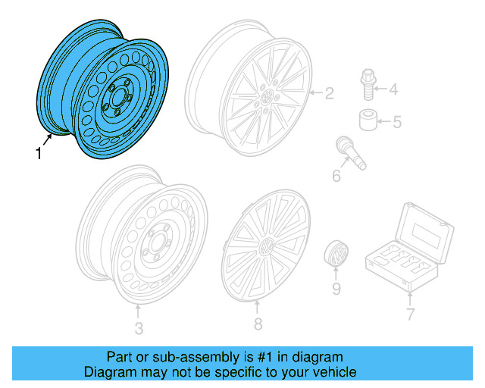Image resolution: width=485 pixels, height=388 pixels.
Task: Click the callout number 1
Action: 39,154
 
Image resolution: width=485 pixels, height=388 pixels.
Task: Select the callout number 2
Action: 329,94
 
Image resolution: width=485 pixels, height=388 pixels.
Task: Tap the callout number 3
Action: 138,328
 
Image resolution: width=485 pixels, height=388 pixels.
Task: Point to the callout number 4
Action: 393,90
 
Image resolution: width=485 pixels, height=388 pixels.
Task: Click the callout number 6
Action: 336,177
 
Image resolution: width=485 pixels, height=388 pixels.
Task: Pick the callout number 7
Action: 411,314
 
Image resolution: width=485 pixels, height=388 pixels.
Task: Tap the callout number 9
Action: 336,289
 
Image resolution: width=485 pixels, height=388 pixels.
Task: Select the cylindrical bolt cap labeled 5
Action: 367,120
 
